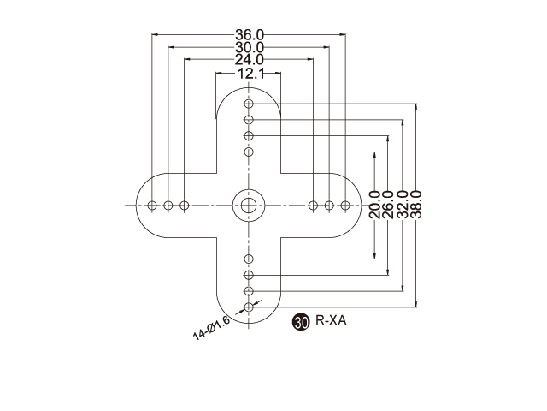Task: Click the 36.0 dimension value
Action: point(250,35)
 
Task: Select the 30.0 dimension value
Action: point(250,47)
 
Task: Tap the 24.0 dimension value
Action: point(250,60)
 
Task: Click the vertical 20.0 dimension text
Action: point(375,205)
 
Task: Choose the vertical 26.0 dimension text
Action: point(389,205)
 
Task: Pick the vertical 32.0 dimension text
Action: point(403,205)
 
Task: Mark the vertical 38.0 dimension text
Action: point(416,205)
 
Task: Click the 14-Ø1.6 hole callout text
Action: point(212,328)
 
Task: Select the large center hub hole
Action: point(249,205)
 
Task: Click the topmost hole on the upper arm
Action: point(249,104)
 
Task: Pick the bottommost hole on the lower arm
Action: point(249,307)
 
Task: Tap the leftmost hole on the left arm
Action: point(152,205)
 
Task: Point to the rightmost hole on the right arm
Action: point(345,205)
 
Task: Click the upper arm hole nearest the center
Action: point(249,152)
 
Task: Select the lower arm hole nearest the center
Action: point(249,259)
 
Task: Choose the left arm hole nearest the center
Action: point(184,205)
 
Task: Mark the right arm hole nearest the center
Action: point(314,205)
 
